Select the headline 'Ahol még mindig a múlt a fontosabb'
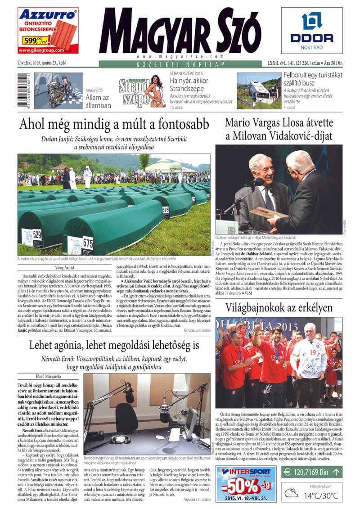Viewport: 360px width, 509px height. (114, 124)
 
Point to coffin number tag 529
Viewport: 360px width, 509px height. (37, 234)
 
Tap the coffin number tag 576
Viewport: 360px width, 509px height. (166, 210)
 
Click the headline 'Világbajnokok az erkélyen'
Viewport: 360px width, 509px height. (279, 308)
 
